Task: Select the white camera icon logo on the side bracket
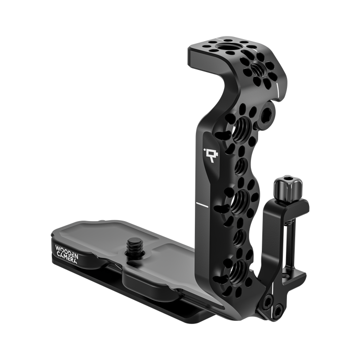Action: point(209,153)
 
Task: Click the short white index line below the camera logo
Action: point(201,205)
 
